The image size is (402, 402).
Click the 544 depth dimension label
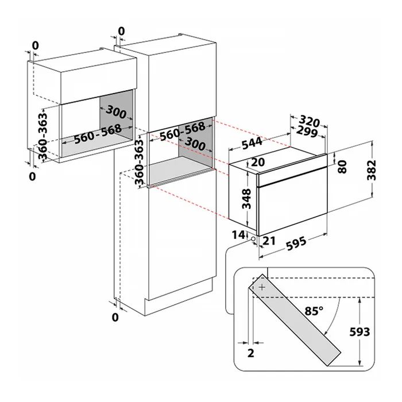pos(252,144)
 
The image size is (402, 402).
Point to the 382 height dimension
pos(372,170)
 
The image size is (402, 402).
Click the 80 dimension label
pos(342,167)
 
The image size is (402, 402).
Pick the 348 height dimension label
pos(246,199)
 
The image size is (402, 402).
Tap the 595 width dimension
pos(296,244)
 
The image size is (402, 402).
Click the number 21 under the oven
pos(269,241)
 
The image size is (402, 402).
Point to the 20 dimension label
pos(258,162)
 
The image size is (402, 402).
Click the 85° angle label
pos(314,311)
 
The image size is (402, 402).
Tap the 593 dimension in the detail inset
pos(360,332)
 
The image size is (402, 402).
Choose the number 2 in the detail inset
pos(251,353)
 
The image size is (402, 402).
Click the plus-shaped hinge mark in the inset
pos(262,287)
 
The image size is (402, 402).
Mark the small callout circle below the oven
pos(253,239)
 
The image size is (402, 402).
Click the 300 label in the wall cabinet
pos(116,113)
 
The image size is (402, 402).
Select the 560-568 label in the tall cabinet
pos(183,132)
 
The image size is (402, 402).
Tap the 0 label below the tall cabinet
pos(115,318)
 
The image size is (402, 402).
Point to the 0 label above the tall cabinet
pos(122,31)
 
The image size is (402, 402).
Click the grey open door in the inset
pos(294,320)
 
